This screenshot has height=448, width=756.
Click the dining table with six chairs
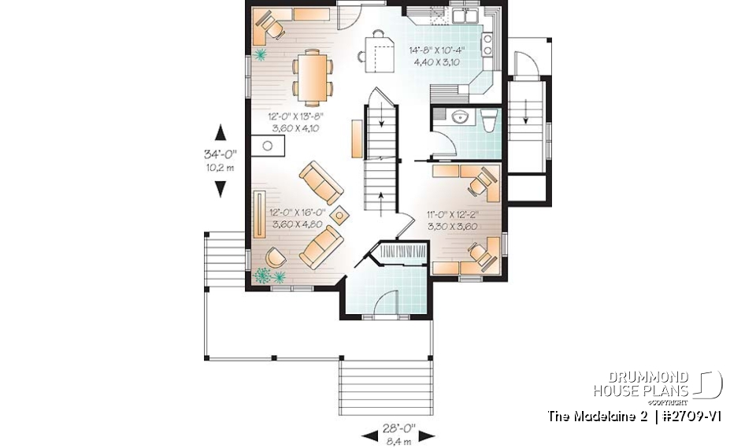point(312,76)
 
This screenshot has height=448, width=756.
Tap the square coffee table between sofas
point(340,213)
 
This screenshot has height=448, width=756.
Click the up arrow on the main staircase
point(382,196)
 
